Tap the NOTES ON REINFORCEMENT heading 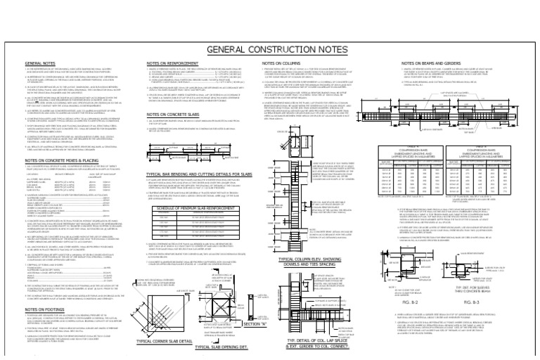[176, 63]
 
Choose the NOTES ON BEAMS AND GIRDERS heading [429, 63]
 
